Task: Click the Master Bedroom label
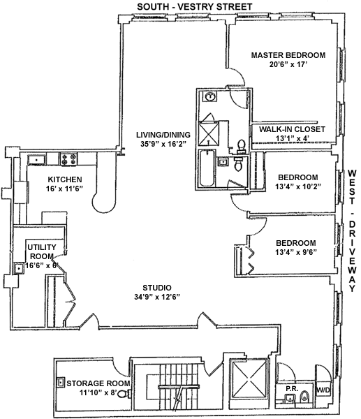coord(288,55)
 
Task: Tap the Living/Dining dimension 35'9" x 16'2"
coord(163,144)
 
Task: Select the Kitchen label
coord(65,179)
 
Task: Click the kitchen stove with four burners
coord(68,159)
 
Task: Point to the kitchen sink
coord(36,160)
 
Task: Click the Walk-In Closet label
coord(292,129)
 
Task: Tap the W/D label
coord(323,390)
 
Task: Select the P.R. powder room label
coord(292,389)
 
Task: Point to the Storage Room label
coord(98,383)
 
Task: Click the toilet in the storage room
coord(124,394)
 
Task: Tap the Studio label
coord(157,288)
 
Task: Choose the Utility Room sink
coord(19,268)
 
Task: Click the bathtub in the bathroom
coord(207,169)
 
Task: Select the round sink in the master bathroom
coord(211,96)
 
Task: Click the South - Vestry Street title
coord(195,6)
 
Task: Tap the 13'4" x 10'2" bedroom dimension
coord(298,186)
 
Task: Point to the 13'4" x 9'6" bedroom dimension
coord(296,252)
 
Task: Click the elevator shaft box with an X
coord(249,378)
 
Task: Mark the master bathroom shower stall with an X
coord(208,133)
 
